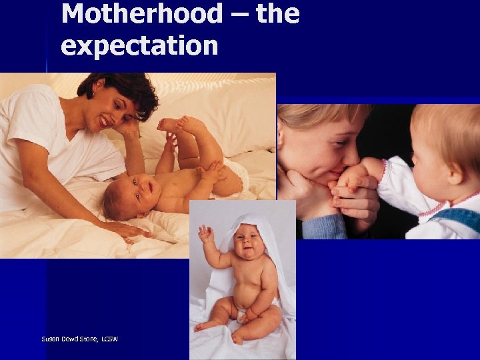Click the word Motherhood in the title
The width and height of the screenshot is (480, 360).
(142, 13)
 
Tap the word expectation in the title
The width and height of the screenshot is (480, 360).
(139, 45)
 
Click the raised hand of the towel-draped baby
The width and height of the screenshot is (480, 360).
(205, 233)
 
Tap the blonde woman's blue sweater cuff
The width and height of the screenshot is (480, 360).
(320, 227)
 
